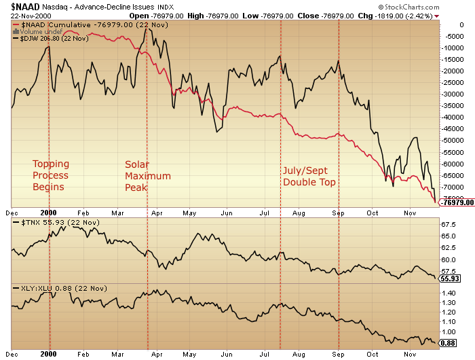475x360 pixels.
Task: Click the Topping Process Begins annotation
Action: pyautogui.click(x=51, y=175)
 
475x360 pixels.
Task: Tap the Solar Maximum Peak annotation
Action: pyautogui.click(x=147, y=175)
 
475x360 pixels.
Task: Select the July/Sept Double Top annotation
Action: pyautogui.click(x=309, y=176)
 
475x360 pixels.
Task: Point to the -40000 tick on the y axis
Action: pyautogui.click(x=451, y=117)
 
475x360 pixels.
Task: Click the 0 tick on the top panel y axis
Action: pyautogui.click(x=443, y=24)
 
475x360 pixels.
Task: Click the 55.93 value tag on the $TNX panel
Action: pyautogui.click(x=451, y=278)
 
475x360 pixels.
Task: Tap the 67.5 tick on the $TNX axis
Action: pyautogui.click(x=448, y=224)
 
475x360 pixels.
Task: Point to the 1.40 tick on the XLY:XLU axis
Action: pyautogui.click(x=449, y=293)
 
